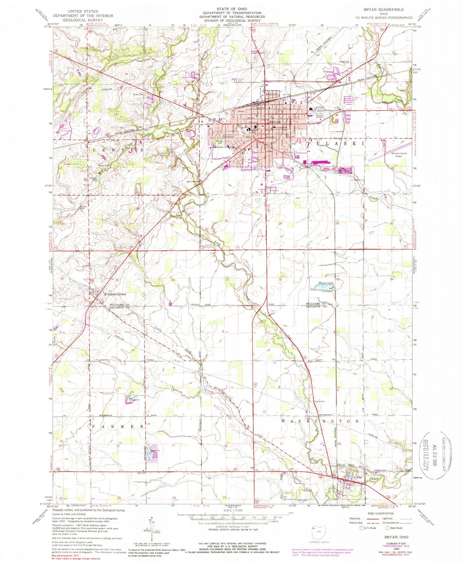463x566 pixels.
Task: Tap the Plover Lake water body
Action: point(323,288)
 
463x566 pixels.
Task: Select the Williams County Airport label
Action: point(399,155)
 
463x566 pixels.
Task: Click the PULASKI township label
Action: point(335,144)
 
